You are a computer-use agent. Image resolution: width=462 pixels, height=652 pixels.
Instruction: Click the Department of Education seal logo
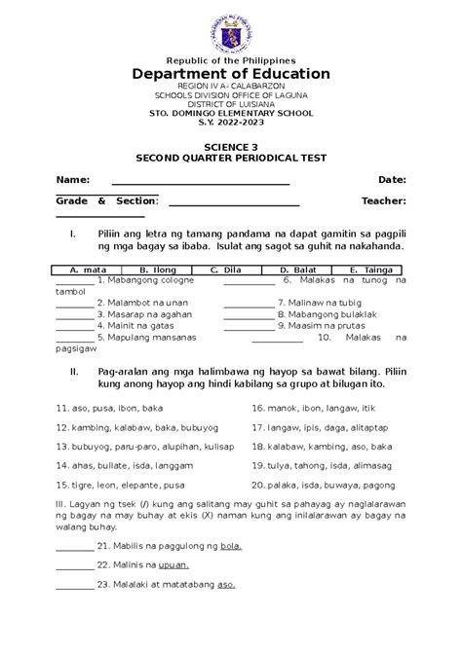[x=231, y=28]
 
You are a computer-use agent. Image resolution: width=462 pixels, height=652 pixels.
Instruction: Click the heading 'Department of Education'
[x=231, y=75]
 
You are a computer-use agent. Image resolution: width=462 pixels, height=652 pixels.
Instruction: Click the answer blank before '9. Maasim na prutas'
[x=249, y=331]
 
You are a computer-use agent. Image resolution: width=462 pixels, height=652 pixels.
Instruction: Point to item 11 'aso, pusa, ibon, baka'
[x=110, y=410]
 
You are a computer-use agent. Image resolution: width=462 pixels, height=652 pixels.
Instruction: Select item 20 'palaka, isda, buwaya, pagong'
[x=323, y=484]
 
